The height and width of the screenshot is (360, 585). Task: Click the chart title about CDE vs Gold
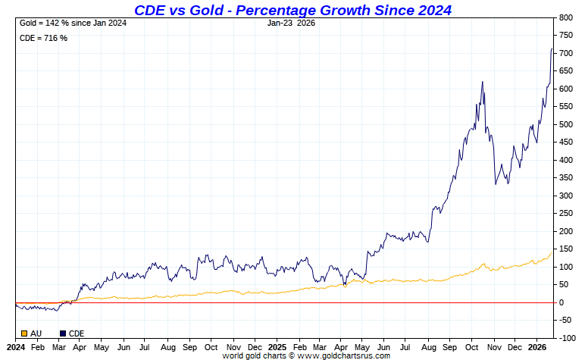click(292, 10)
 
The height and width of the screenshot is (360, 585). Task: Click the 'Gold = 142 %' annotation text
click(73, 23)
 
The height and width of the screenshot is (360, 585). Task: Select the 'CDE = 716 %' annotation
click(43, 38)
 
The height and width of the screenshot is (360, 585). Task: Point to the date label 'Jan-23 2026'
click(292, 23)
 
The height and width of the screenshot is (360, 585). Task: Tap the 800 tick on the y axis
click(566, 17)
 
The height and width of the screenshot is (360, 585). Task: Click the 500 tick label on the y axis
click(566, 124)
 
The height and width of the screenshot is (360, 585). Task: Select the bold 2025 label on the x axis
click(278, 346)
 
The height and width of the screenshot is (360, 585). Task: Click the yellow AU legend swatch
click(24, 333)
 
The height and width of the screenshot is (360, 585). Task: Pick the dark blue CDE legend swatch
click(63, 333)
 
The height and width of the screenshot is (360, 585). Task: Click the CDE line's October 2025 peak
click(482, 82)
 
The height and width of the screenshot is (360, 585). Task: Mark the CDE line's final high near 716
click(552, 49)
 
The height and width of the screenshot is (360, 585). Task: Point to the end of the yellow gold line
click(552, 252)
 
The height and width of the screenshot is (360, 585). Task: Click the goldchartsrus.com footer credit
click(306, 355)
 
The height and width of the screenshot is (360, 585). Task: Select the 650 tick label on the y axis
click(566, 71)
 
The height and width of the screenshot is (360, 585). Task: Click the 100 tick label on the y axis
click(566, 267)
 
